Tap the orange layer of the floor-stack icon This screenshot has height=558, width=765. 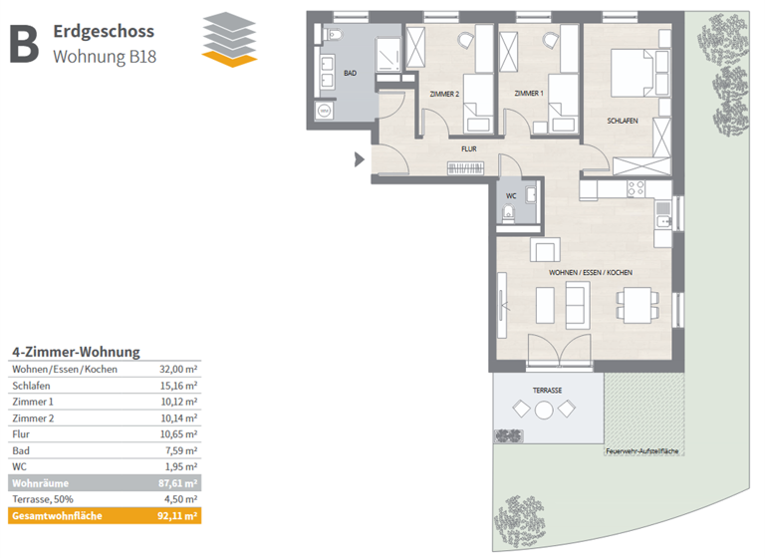tap(229, 60)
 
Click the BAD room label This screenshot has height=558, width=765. tap(350, 73)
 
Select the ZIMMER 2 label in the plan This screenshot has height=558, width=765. tap(443, 94)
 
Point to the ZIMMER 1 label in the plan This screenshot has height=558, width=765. tap(529, 94)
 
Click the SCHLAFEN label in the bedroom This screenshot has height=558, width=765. tap(623, 121)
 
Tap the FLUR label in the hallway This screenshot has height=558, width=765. tap(468, 148)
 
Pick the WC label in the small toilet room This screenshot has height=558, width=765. tap(511, 196)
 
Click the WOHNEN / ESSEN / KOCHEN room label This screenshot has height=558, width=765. tap(591, 272)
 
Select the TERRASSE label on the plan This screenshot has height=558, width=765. tap(547, 391)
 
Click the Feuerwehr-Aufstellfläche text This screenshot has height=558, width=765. tap(641, 451)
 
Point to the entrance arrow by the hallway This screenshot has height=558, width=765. tap(361, 157)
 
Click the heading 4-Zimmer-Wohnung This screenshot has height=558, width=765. tap(75, 352)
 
